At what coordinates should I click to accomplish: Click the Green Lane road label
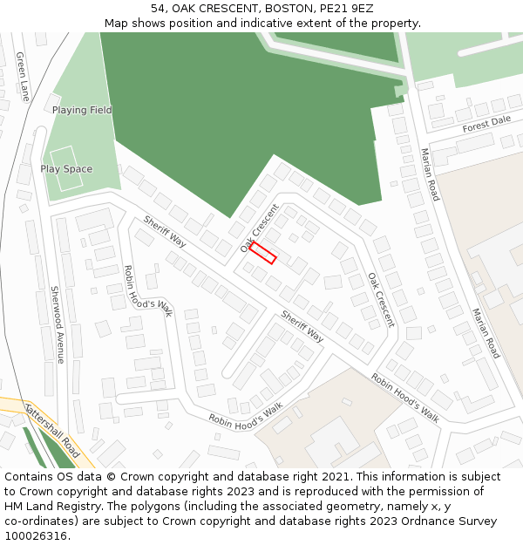click(22, 77)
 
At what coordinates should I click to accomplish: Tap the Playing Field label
click(82, 111)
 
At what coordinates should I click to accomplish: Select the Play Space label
click(66, 169)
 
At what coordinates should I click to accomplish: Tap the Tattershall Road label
click(53, 431)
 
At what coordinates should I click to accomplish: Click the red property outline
click(262, 253)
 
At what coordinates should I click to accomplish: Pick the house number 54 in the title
click(158, 9)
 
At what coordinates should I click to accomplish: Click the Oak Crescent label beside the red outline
click(260, 228)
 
